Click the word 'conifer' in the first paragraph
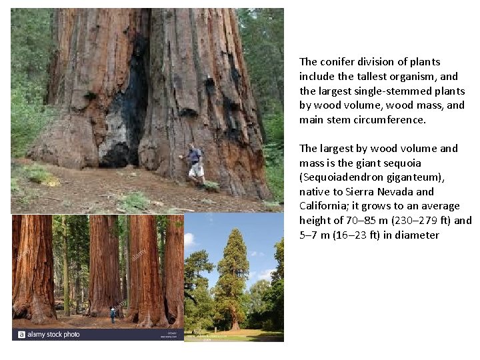coord(340,62)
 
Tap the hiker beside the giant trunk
coord(193,163)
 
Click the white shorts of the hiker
coord(195,171)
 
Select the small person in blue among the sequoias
coord(113,313)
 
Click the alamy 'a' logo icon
coord(22,335)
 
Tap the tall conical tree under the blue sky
coord(233,280)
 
